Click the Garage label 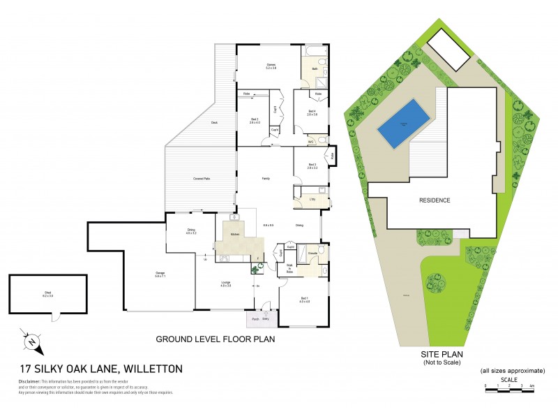(x=160, y=274)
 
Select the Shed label (x=48, y=295)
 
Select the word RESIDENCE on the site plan (x=435, y=200)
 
